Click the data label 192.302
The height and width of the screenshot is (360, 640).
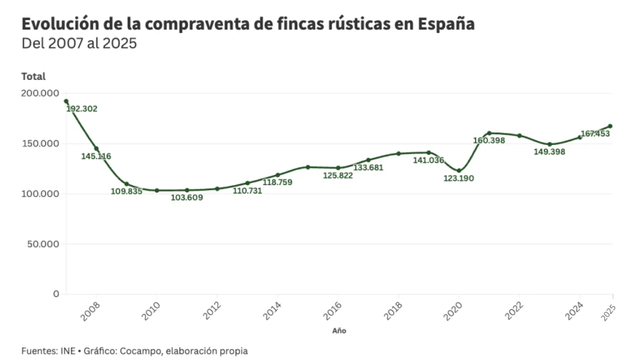tap(82, 109)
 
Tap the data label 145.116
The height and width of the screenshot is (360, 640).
tap(96, 156)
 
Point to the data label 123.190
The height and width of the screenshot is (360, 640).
tap(459, 179)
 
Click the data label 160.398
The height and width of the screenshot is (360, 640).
tap(489, 140)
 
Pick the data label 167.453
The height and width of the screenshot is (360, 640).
tap(594, 134)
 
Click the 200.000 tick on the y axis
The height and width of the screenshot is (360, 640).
tap(40, 93)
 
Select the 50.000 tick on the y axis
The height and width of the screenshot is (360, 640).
tap(42, 244)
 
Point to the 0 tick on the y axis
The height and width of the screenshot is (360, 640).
tap(56, 294)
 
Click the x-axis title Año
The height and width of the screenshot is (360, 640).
tap(339, 331)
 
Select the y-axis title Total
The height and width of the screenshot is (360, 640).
tap(33, 76)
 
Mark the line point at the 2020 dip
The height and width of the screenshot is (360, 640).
tap(459, 171)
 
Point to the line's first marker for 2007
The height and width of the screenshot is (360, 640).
tap(66, 101)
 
